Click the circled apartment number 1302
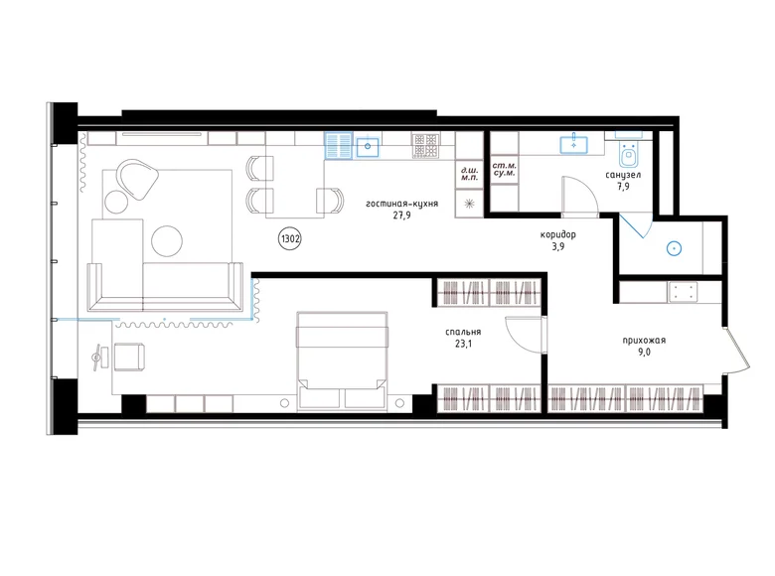pyautogui.click(x=290, y=238)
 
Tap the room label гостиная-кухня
pyautogui.click(x=401, y=203)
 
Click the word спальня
pyautogui.click(x=464, y=333)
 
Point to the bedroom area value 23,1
pyautogui.click(x=464, y=346)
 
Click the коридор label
pyautogui.click(x=559, y=234)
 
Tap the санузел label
pyautogui.click(x=622, y=175)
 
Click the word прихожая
pyautogui.click(x=644, y=341)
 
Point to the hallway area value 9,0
pyautogui.click(x=644, y=354)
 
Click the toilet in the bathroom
pyautogui.click(x=628, y=153)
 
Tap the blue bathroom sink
pyautogui.click(x=573, y=145)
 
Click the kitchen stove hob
pyautogui.click(x=426, y=147)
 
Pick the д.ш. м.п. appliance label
pyautogui.click(x=468, y=176)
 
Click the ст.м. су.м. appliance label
pyautogui.click(x=503, y=176)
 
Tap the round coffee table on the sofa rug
pyautogui.click(x=166, y=239)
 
